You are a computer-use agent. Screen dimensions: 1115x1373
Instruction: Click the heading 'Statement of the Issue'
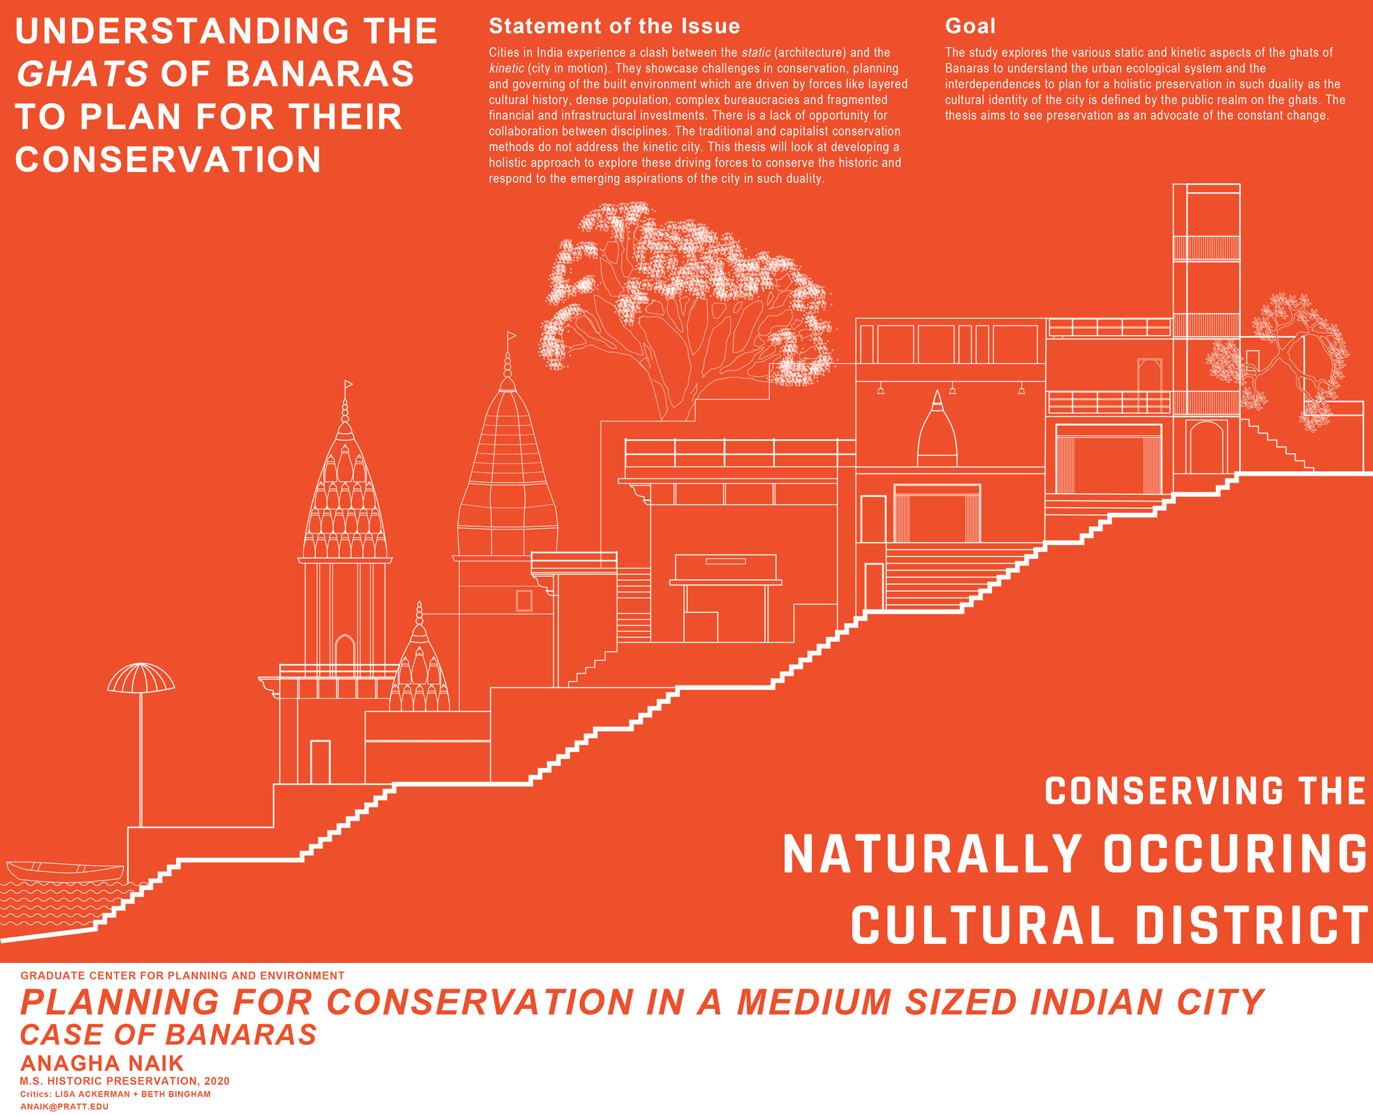(x=614, y=26)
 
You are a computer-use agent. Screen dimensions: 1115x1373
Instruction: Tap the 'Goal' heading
(x=970, y=26)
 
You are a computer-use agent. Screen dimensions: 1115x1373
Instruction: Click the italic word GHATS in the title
(x=82, y=74)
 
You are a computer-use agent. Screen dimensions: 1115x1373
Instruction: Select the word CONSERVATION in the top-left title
(x=168, y=160)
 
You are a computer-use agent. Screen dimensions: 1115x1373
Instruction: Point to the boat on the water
(x=64, y=871)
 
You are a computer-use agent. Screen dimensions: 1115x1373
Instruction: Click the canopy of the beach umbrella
(x=141, y=679)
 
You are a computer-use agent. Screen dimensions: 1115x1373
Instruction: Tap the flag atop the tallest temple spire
(x=511, y=335)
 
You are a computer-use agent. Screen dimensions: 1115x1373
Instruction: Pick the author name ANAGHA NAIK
(x=102, y=1063)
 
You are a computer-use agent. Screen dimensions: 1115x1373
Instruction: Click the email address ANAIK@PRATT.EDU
(x=64, y=1106)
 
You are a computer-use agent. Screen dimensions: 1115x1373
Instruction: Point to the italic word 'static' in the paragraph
(x=756, y=53)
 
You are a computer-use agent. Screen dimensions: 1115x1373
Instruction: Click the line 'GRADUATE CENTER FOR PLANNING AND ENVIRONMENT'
(x=182, y=975)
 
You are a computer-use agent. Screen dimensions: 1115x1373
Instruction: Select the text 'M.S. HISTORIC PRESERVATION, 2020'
(x=125, y=1081)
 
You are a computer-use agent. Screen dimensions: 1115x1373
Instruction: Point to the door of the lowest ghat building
(x=320, y=762)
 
